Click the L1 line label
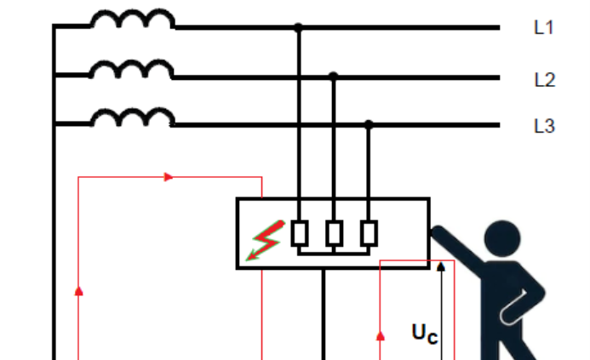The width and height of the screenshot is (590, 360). pyautogui.click(x=544, y=27)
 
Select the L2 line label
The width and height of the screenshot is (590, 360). pyautogui.click(x=545, y=80)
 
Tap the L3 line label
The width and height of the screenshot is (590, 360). pyautogui.click(x=545, y=126)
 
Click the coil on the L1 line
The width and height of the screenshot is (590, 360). pyautogui.click(x=133, y=19)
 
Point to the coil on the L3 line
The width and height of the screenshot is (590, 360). pyautogui.click(x=133, y=117)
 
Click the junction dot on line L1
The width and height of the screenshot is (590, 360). pyautogui.click(x=298, y=27)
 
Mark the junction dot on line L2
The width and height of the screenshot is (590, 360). pyautogui.click(x=334, y=77)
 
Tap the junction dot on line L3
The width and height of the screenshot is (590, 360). pyautogui.click(x=369, y=124)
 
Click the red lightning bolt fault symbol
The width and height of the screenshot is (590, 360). pyautogui.click(x=266, y=240)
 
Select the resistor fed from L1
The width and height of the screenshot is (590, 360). pyautogui.click(x=300, y=233)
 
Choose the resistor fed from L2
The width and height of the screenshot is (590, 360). pyautogui.click(x=334, y=233)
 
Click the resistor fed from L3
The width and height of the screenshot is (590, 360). pyautogui.click(x=369, y=233)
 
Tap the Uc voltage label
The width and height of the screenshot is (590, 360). pyautogui.click(x=425, y=334)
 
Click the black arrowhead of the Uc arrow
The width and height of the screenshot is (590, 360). pyautogui.click(x=441, y=266)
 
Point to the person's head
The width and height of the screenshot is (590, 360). pyautogui.click(x=502, y=238)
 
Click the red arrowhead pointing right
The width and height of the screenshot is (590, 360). pyautogui.click(x=169, y=177)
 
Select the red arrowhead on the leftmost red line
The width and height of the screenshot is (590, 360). pyautogui.click(x=78, y=291)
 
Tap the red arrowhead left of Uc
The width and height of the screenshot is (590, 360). pyautogui.click(x=381, y=336)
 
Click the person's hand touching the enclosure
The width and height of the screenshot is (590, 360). pyautogui.click(x=438, y=233)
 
